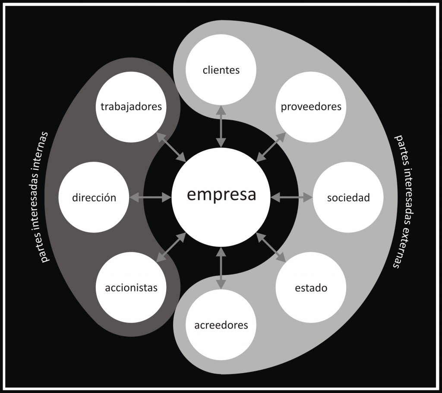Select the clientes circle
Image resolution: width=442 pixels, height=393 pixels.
click(x=221, y=70)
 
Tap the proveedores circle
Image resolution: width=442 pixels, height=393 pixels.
click(x=311, y=106)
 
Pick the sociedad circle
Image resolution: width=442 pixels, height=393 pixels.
click(x=348, y=198)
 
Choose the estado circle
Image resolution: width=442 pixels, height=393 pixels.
click(x=311, y=288)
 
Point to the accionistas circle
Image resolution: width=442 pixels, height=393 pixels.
click(x=131, y=288)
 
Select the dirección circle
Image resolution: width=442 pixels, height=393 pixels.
click(x=94, y=198)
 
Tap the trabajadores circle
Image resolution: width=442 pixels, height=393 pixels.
click(x=131, y=106)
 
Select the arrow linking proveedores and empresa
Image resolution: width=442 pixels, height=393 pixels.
click(x=271, y=147)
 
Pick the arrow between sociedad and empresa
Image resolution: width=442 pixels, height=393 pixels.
click(x=292, y=198)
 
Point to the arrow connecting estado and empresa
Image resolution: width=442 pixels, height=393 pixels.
click(x=271, y=247)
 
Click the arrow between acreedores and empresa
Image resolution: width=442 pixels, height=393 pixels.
click(x=221, y=268)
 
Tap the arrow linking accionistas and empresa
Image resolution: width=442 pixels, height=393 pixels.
click(x=171, y=247)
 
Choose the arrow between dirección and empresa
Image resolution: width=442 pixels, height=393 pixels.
click(x=150, y=198)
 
